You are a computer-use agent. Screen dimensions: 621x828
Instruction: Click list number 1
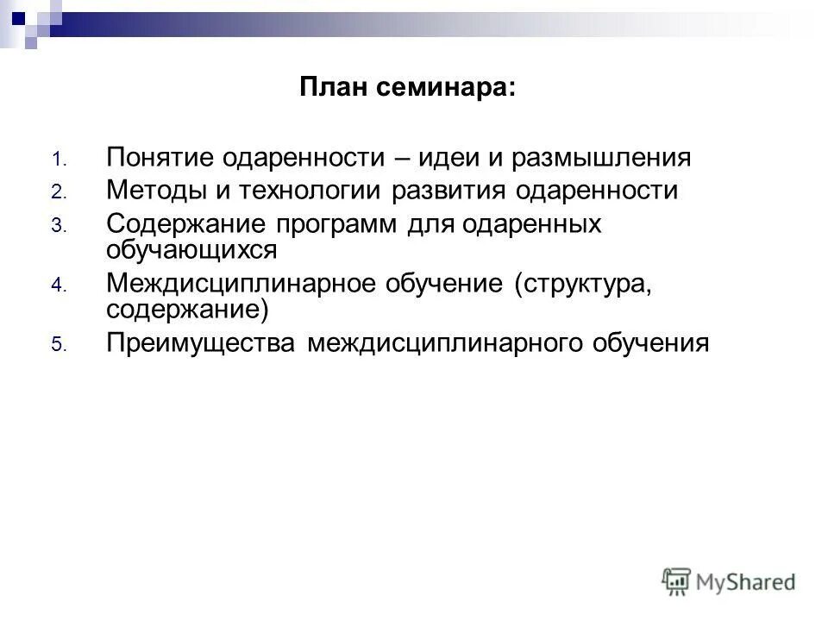pyautogui.click(x=57, y=160)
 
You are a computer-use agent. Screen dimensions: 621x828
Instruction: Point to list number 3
pyautogui.click(x=57, y=226)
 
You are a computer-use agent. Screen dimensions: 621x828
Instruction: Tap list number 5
pyautogui.click(x=57, y=345)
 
